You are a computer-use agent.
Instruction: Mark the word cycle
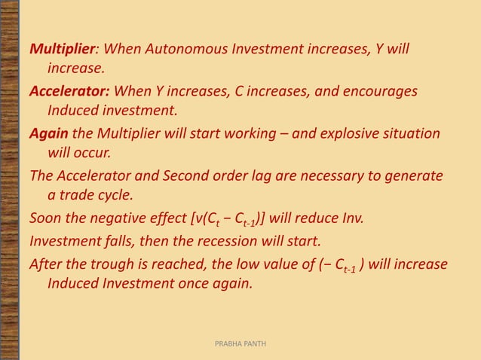click(117, 195)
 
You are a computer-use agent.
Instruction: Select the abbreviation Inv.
click(351, 219)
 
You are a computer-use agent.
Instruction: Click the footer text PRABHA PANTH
click(240, 343)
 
